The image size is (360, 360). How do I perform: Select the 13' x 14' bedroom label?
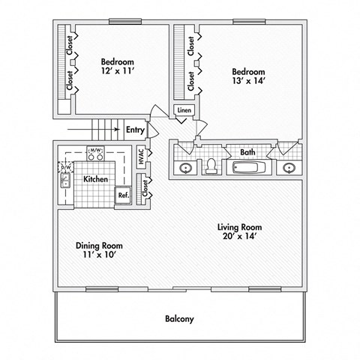click(x=247, y=77)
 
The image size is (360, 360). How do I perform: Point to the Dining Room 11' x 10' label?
click(x=99, y=250)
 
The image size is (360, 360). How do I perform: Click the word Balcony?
click(x=179, y=319)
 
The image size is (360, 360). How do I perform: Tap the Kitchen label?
click(x=95, y=179)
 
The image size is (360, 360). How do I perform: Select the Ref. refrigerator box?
click(x=122, y=195)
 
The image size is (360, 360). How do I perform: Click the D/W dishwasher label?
click(x=64, y=168)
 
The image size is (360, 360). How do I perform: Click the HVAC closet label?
click(x=141, y=158)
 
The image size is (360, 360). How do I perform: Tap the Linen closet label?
click(x=184, y=111)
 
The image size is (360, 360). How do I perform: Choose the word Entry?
click(x=135, y=130)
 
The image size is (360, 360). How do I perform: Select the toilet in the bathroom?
click(x=212, y=166)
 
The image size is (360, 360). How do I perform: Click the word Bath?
click(x=247, y=152)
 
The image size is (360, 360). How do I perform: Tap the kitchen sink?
click(x=65, y=180)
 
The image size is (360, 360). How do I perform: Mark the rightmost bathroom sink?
click(x=289, y=166)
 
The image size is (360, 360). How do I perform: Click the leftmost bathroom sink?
click(x=185, y=166)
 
